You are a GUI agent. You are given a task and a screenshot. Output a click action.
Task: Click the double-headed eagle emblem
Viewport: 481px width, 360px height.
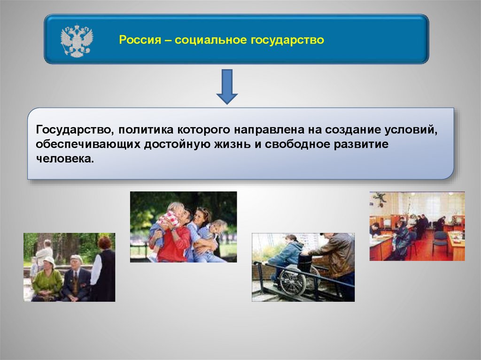[77, 41]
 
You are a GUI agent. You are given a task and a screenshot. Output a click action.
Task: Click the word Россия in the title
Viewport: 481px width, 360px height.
[140, 40]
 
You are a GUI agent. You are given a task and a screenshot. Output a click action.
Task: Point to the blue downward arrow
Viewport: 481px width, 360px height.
[227, 86]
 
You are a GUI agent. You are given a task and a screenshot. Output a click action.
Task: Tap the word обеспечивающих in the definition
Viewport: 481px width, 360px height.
[88, 145]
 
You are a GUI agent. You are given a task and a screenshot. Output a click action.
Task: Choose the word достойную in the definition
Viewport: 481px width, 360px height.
[177, 145]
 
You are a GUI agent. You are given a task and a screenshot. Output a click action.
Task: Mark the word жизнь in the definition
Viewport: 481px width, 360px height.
[232, 144]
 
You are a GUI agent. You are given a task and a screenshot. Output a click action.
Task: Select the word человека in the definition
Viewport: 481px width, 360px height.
[65, 159]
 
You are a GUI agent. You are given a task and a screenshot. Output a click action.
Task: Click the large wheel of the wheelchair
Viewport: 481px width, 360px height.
[293, 283]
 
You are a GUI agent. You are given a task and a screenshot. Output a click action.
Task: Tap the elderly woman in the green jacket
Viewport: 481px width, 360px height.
[47, 279]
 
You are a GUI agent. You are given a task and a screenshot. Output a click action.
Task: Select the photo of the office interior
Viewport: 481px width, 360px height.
[417, 226]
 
